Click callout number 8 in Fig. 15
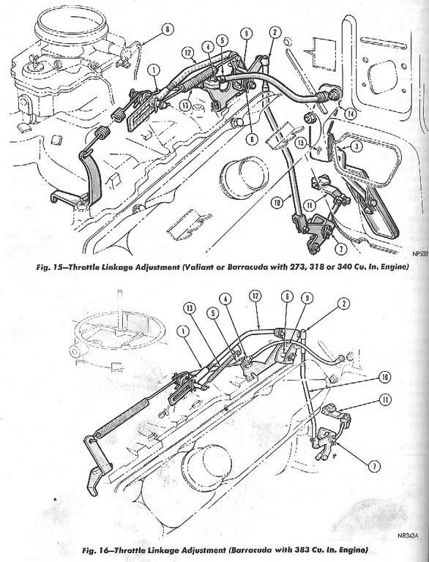167,29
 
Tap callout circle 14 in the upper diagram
350,113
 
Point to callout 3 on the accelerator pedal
356,146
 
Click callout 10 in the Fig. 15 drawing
277,203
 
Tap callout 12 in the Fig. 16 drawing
255,296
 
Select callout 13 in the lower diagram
190,307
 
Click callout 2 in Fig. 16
343,304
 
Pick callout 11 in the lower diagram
385,400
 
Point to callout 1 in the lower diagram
183,332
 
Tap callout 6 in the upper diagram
252,138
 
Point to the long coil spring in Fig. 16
122,419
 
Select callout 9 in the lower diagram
307,298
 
